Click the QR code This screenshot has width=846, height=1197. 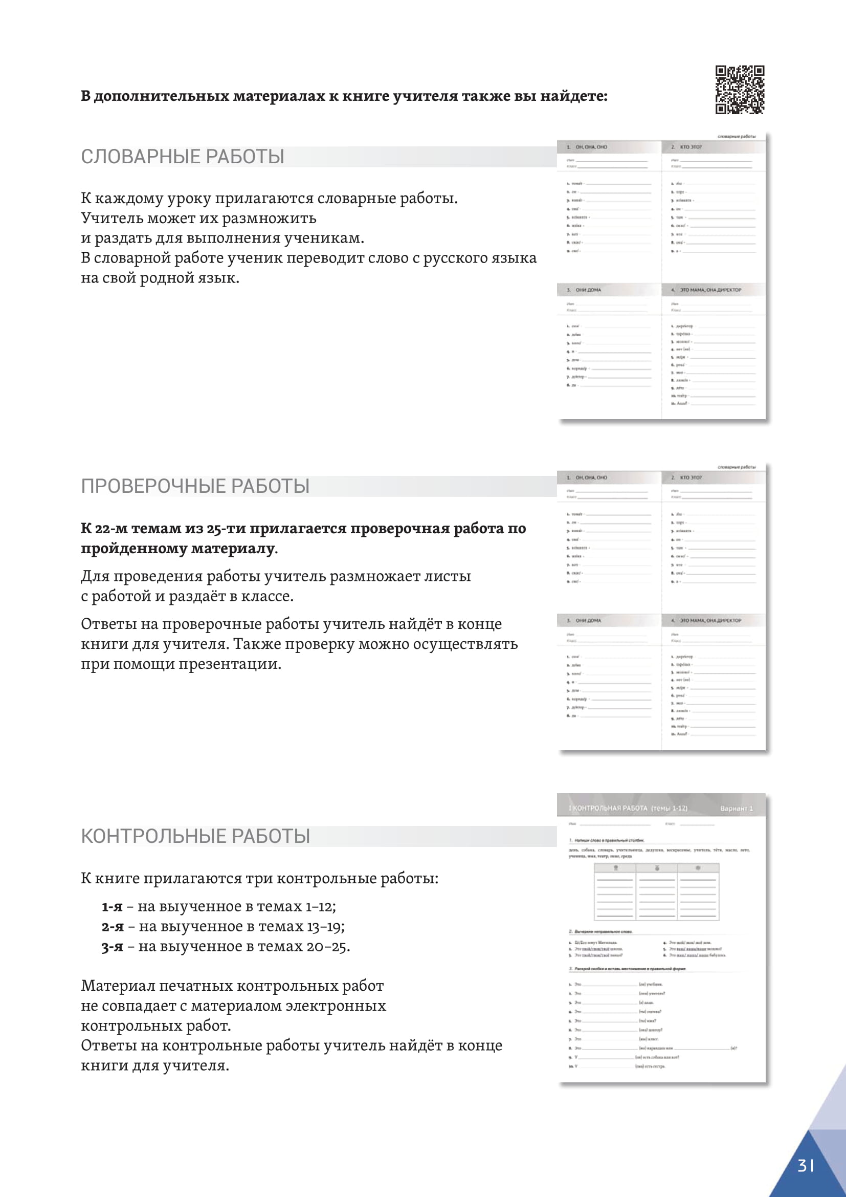(x=739, y=90)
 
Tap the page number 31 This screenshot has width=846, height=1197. (x=806, y=1165)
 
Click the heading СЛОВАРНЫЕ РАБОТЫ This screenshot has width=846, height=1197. (x=182, y=157)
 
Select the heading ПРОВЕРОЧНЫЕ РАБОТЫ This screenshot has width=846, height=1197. (x=195, y=486)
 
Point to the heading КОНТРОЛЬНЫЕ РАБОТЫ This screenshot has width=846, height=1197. (x=195, y=836)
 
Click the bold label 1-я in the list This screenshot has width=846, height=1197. (x=112, y=907)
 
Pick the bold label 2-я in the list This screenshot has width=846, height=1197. (x=113, y=926)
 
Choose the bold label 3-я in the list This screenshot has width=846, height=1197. (x=113, y=946)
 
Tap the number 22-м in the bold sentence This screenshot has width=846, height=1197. (x=111, y=528)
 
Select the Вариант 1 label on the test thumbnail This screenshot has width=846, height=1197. (x=736, y=809)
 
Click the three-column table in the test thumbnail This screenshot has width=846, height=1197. (x=656, y=891)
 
